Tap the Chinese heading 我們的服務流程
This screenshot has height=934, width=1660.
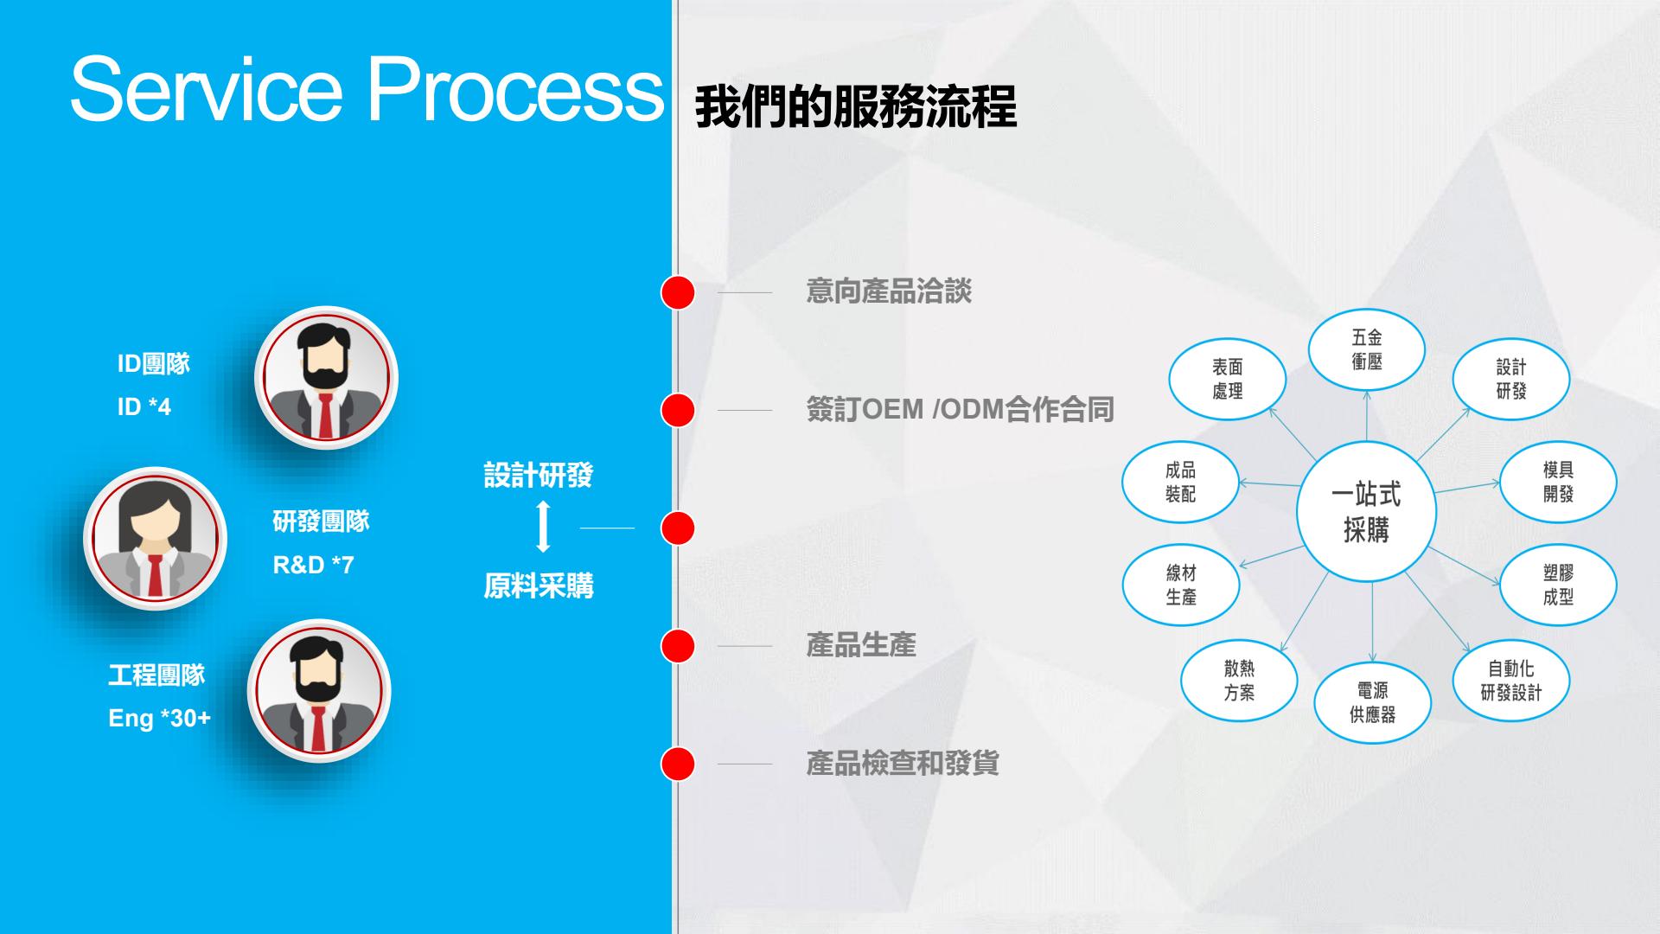[855, 107]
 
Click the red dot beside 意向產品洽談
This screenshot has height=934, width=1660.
[678, 292]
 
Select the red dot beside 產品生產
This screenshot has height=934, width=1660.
[678, 646]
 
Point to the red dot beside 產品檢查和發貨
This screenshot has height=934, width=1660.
[678, 764]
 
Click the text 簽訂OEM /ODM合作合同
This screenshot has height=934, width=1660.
[960, 409]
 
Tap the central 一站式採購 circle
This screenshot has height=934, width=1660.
[1366, 512]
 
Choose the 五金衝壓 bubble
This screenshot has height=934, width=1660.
[1366, 349]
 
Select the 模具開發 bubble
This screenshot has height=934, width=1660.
[1557, 482]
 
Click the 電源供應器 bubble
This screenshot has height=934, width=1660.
[1372, 702]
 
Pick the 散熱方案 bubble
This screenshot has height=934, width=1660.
[1239, 680]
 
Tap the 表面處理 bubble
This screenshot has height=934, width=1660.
[1227, 379]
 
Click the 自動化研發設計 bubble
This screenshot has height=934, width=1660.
[1510, 680]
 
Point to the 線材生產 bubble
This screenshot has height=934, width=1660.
[1180, 585]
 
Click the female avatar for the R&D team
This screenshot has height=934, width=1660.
[155, 538]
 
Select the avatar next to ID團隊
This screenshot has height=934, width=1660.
[326, 378]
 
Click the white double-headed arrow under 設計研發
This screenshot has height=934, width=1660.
[543, 527]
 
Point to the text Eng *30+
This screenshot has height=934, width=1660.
[160, 718]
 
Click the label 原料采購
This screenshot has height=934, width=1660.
[539, 586]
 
